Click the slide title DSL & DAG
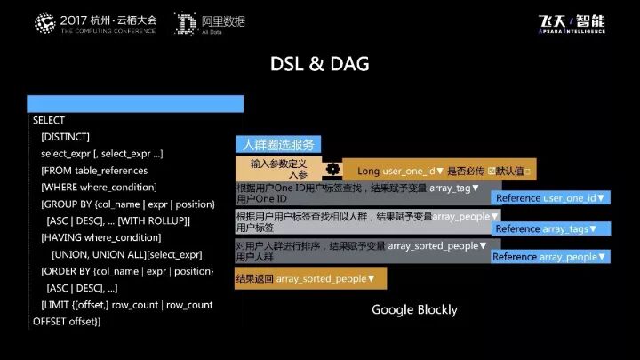[319, 65]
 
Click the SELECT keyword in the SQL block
[49, 120]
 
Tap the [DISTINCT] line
[65, 137]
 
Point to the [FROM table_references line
[94, 171]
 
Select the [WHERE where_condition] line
[99, 188]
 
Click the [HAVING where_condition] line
[100, 238]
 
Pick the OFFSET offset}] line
[67, 321]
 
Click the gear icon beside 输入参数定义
[332, 169]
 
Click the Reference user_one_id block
[550, 198]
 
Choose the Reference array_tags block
[550, 228]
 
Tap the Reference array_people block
[550, 257]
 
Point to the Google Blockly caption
[414, 309]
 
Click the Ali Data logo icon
[186, 22]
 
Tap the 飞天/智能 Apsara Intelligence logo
[572, 23]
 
